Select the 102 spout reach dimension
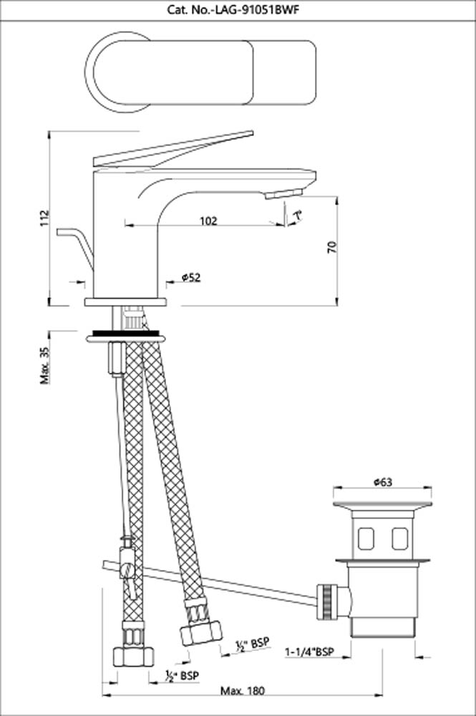208,221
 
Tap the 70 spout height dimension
331,248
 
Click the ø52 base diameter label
190,277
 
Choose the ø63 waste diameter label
383,483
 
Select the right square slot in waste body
400,537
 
